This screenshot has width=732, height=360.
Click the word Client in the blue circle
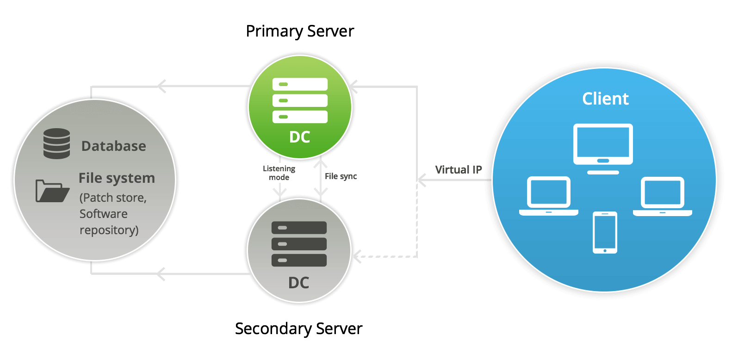point(605,99)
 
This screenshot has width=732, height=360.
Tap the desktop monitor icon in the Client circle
point(603,147)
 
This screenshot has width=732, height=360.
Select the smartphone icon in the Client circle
point(605,232)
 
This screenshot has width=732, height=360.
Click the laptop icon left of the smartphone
point(549,196)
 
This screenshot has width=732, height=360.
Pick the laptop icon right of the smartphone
point(662,196)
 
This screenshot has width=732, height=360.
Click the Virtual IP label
point(459,170)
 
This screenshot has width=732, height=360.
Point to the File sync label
point(341,176)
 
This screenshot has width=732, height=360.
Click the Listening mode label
point(279,173)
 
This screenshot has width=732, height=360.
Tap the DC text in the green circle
point(299,137)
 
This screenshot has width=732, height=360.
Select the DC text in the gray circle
point(298,283)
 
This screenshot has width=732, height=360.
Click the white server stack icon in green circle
point(300,100)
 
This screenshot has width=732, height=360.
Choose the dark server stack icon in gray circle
point(299,244)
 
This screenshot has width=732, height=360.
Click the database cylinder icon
point(56,144)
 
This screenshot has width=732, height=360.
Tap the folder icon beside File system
point(52,191)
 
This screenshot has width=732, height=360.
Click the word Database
point(114,146)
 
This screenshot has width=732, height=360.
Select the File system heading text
point(117,178)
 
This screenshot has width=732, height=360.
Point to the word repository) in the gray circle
point(109,230)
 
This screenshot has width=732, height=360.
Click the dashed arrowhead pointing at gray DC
point(357,256)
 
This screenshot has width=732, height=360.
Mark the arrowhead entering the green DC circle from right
point(354,87)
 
